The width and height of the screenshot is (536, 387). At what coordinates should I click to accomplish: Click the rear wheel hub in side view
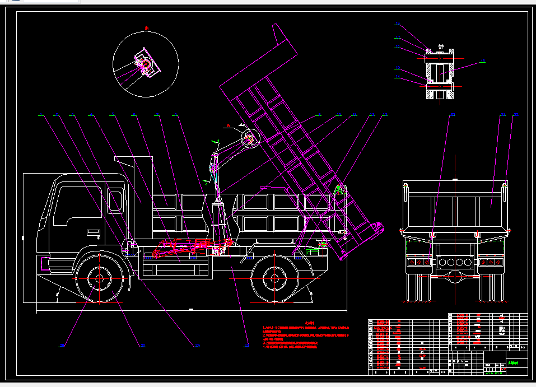point(274,278)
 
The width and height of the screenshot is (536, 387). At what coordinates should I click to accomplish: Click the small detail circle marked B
point(248,138)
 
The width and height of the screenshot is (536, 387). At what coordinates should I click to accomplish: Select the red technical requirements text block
point(307,337)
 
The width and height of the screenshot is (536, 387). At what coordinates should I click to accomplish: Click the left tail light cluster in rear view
point(419,262)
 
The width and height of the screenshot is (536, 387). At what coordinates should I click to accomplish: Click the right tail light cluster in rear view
point(491,262)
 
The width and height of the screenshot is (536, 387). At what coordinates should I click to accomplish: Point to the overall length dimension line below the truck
point(190,309)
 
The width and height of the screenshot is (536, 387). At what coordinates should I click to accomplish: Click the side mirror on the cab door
point(115,202)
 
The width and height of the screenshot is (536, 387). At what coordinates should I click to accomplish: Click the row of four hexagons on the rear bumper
point(454,262)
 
